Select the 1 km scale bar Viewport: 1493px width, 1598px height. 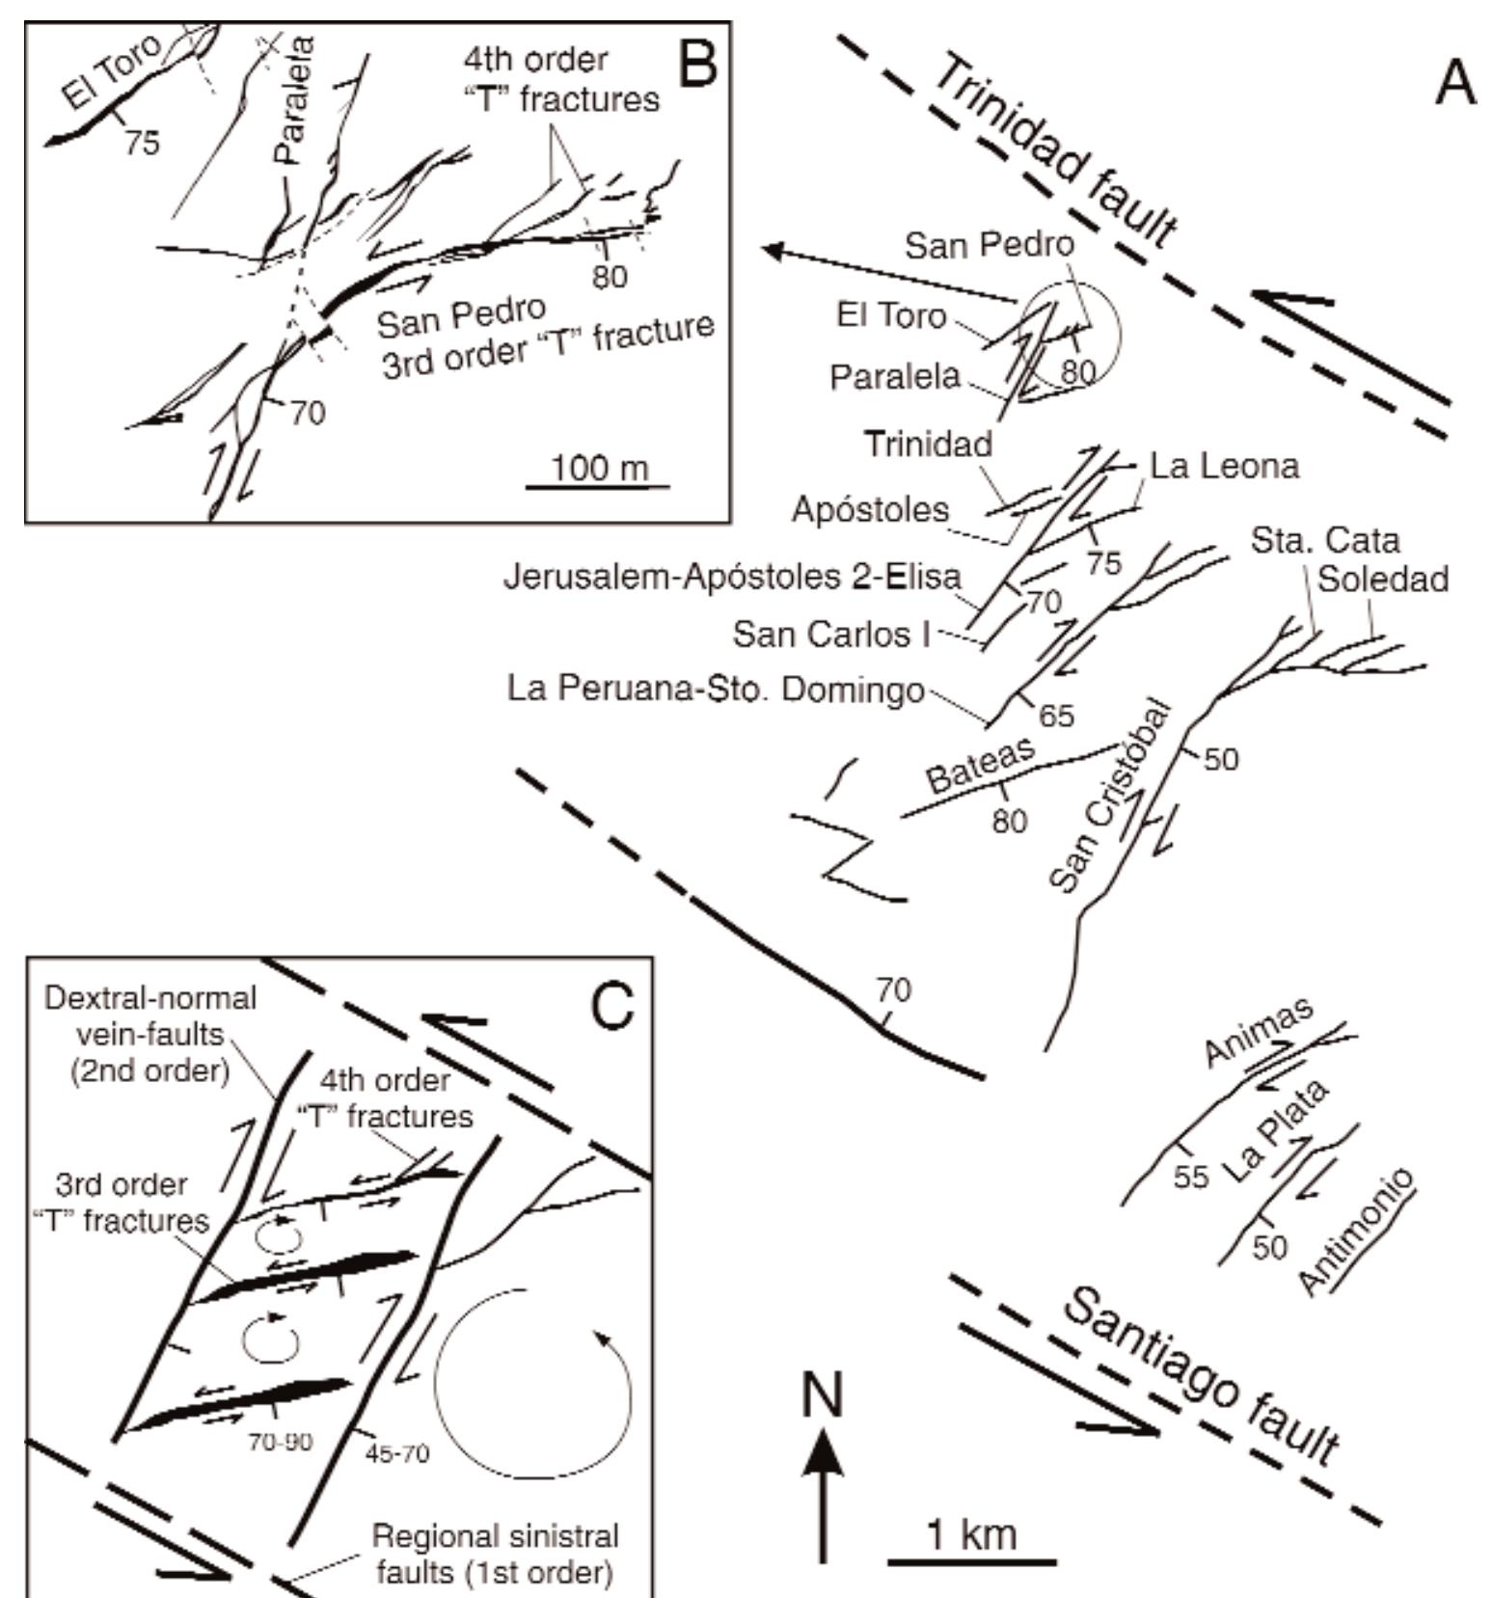pos(971,1560)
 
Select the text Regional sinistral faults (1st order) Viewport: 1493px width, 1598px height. pos(495,1554)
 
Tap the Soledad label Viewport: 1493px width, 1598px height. pos(1383,579)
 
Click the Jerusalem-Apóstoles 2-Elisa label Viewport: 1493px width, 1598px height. pos(733,577)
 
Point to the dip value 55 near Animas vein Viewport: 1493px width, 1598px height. pos(1191,1178)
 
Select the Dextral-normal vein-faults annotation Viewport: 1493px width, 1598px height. pos(150,1034)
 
